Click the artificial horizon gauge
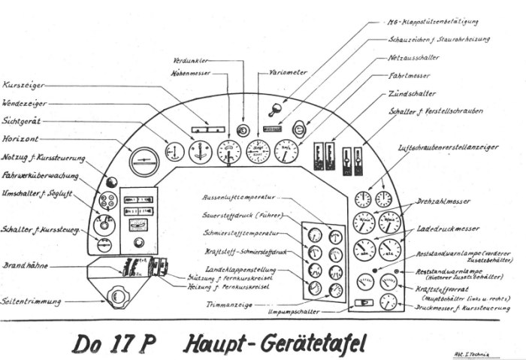pos(144,160)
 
